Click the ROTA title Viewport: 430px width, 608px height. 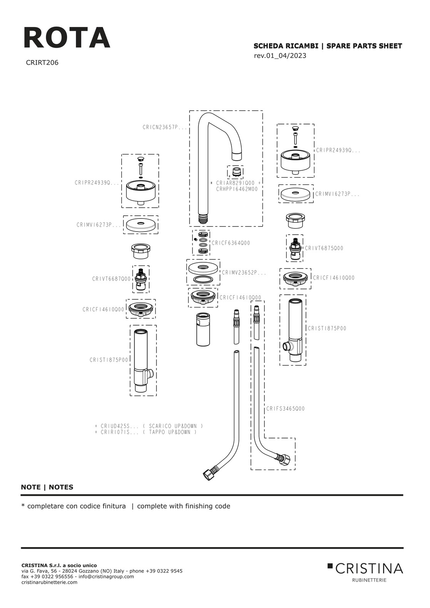click(x=67, y=37)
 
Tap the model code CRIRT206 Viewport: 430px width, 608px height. click(x=42, y=63)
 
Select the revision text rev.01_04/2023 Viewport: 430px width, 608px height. click(x=280, y=55)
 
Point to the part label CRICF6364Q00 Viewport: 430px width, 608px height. click(x=231, y=243)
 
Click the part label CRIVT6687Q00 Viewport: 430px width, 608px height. click(x=111, y=279)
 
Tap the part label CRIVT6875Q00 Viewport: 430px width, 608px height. click(x=324, y=248)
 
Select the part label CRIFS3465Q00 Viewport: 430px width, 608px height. click(x=285, y=408)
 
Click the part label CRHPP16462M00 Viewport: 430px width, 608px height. click(x=237, y=189)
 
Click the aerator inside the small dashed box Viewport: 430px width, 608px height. click(x=235, y=173)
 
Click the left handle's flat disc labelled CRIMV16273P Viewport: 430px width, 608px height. click(x=141, y=225)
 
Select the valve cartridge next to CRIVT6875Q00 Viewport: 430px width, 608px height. click(x=294, y=248)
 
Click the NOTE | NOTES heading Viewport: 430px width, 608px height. click(x=47, y=487)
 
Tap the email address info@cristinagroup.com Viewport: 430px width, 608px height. click(x=106, y=576)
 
